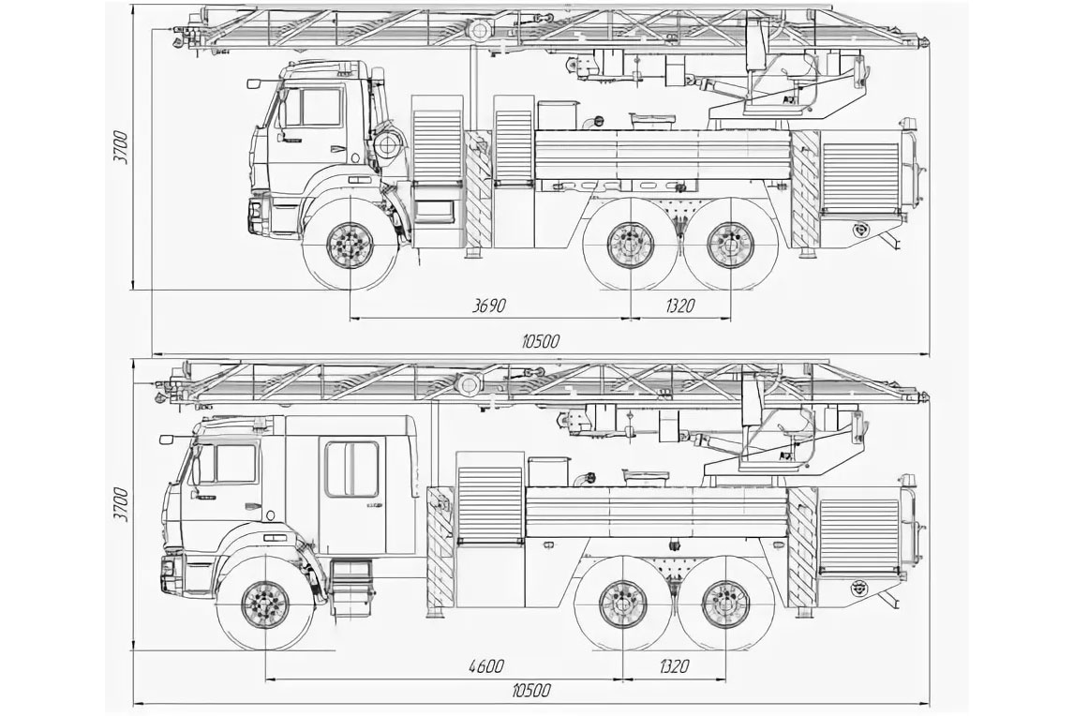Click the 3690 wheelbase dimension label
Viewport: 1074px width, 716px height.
coord(488,305)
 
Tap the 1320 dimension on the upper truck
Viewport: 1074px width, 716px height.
coord(678,305)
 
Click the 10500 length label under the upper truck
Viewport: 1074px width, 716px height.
coord(541,341)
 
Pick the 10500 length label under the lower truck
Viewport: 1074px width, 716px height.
coord(531,691)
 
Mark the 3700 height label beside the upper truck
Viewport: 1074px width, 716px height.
coord(122,146)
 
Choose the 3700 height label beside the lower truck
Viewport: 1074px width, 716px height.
coord(122,504)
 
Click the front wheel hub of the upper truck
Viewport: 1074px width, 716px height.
coord(350,245)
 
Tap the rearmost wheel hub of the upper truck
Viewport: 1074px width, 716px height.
coord(730,245)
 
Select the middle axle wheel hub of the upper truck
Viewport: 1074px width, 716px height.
coord(630,245)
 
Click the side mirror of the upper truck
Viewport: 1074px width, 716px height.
coord(254,82)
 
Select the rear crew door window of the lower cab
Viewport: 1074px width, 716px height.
coord(352,470)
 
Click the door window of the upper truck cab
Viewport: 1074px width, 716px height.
coord(313,109)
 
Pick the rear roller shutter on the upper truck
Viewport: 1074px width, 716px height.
coord(859,177)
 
